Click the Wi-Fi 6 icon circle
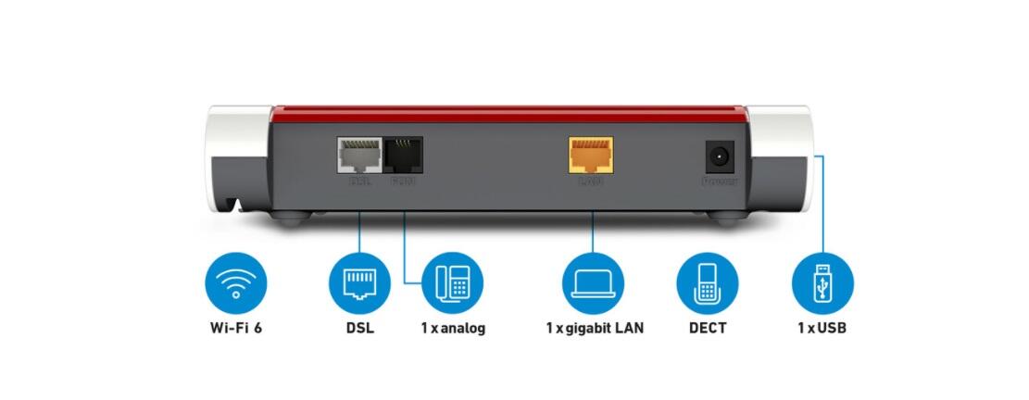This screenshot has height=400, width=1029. (235, 282)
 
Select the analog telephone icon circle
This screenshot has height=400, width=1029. (452, 282)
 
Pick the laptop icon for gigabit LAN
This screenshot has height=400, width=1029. (594, 282)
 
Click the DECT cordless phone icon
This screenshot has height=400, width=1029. (708, 282)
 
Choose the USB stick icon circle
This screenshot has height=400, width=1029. (822, 282)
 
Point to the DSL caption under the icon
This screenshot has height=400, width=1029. (360, 328)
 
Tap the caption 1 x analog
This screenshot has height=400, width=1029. (452, 328)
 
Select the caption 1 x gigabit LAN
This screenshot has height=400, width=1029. (594, 328)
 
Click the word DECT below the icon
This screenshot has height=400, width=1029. (708, 328)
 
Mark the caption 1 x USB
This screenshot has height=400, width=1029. (822, 328)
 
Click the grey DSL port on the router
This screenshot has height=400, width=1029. (358, 154)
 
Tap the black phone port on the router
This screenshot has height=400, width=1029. (403, 154)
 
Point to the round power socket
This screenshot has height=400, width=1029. (720, 156)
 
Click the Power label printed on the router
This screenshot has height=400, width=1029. (720, 181)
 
